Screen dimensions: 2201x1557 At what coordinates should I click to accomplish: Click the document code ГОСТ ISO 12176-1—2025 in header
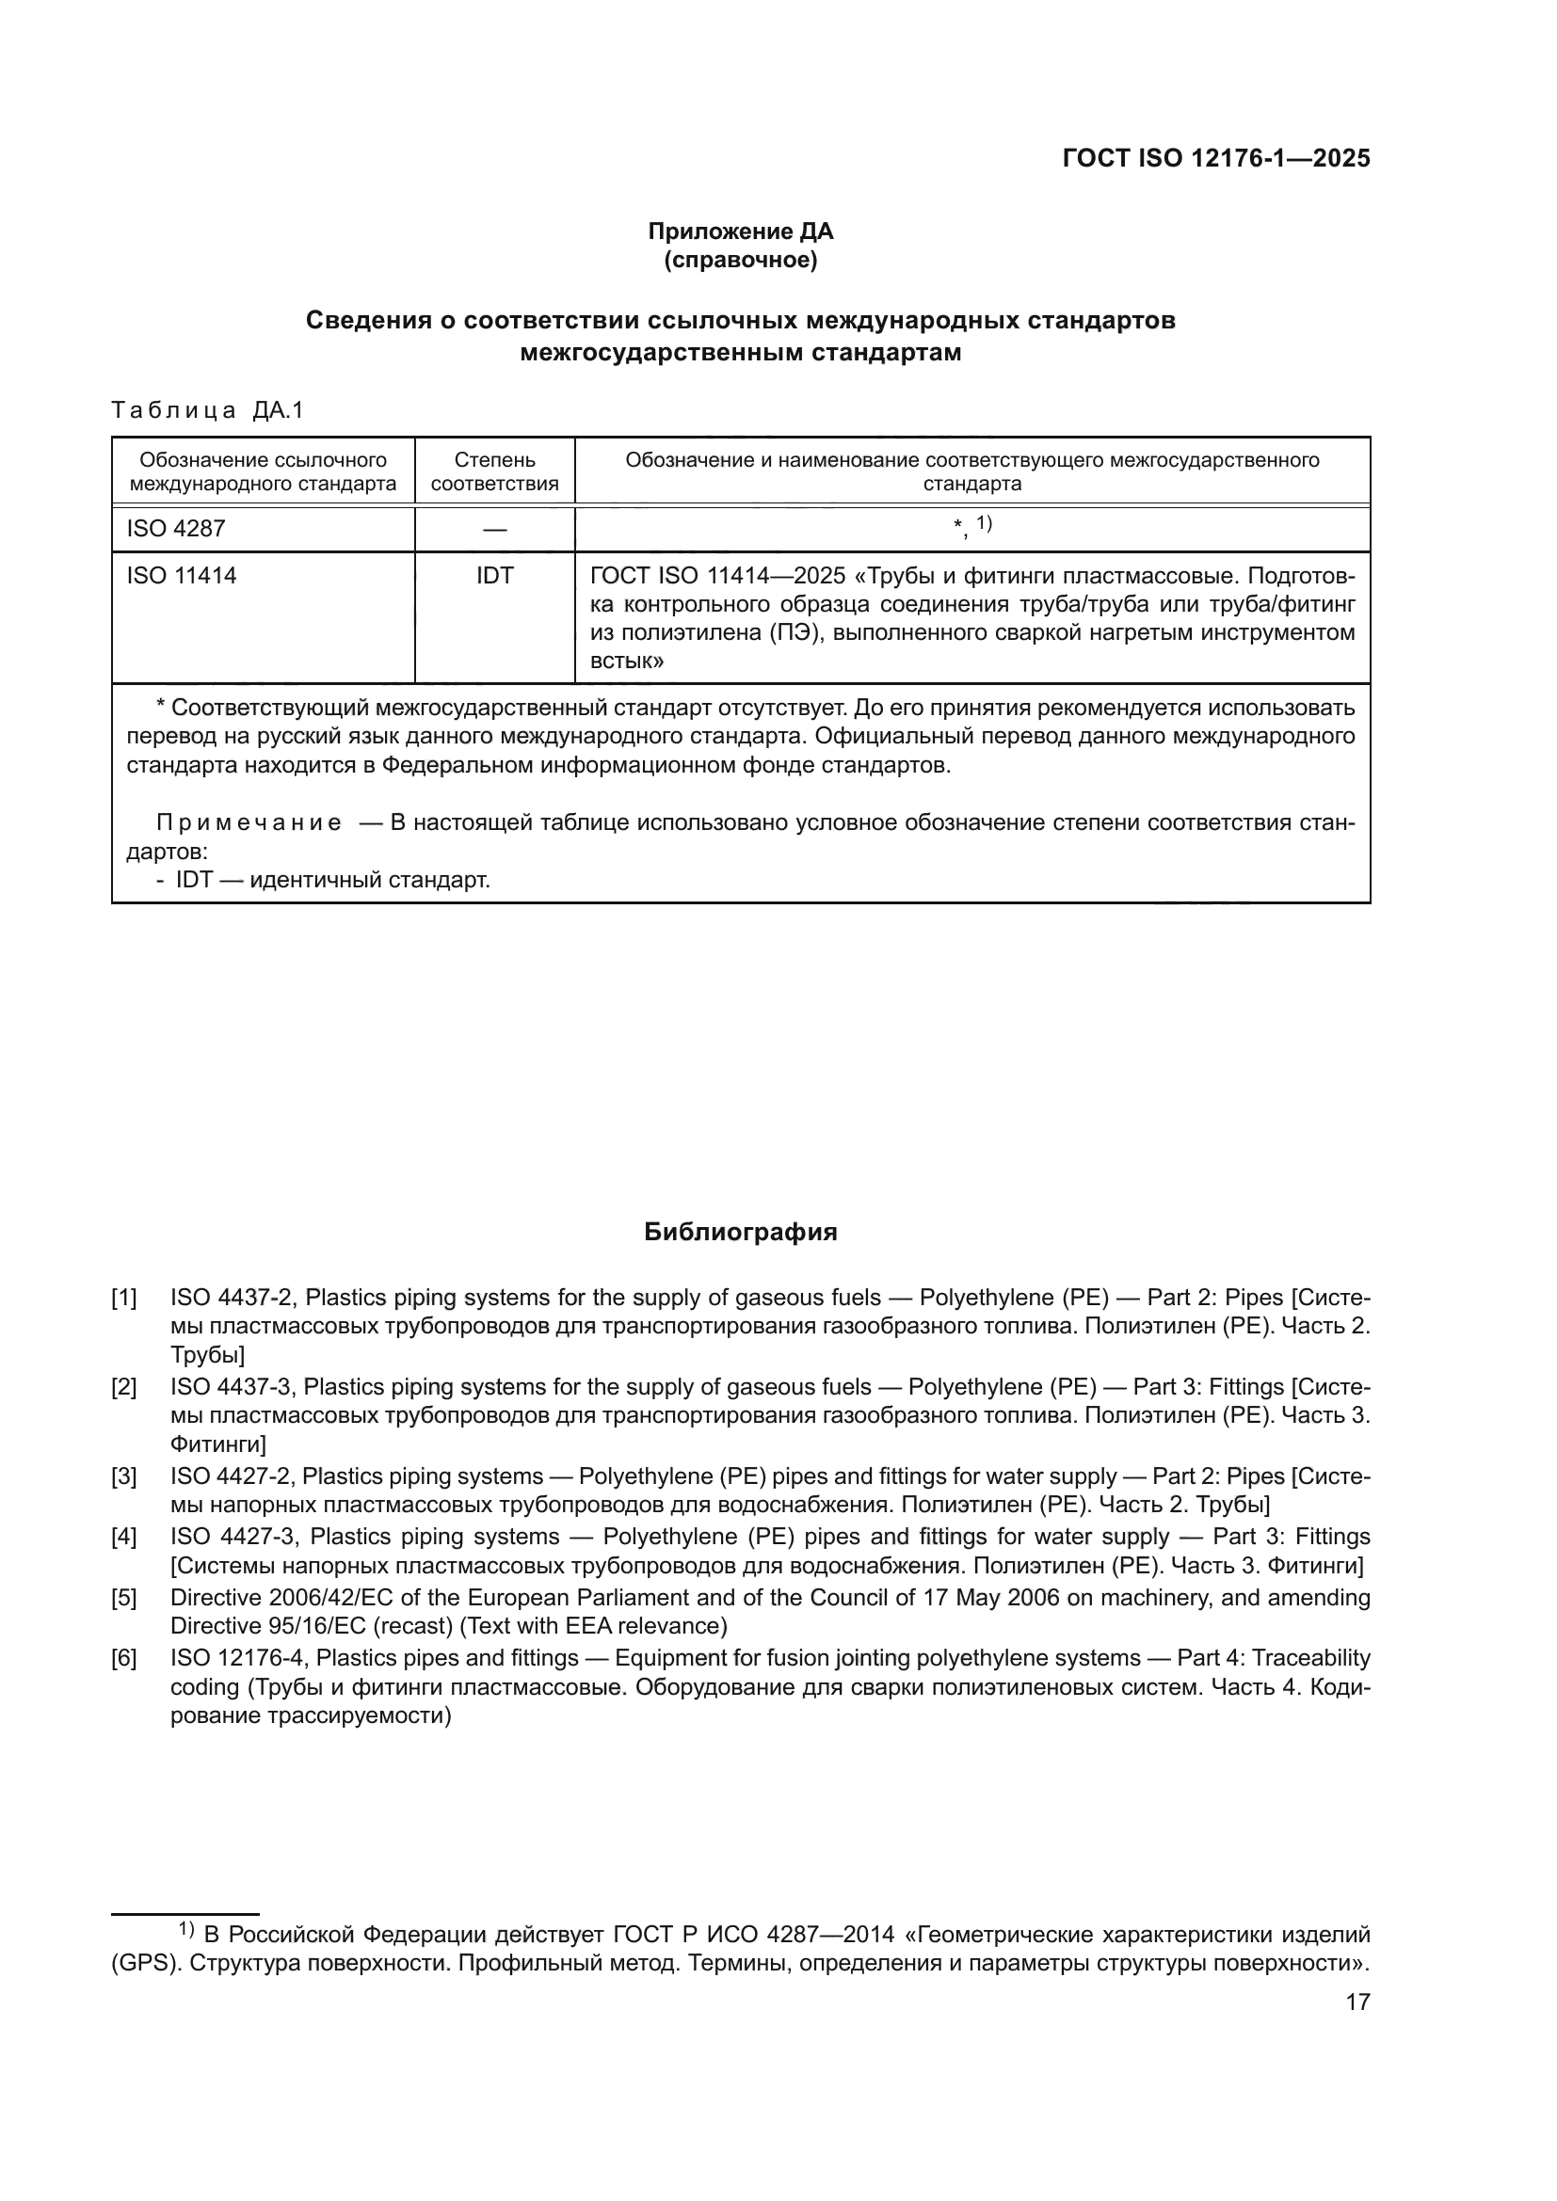pos(1215,159)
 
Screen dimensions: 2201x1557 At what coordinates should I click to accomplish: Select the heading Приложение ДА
pos(740,231)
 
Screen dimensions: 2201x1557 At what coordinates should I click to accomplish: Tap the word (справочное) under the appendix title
pos(740,260)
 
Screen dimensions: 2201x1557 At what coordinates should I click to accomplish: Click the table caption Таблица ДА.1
pos(207,410)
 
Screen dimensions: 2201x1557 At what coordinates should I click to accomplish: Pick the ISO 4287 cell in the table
pos(176,528)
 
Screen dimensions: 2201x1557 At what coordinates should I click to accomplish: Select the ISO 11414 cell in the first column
pos(183,575)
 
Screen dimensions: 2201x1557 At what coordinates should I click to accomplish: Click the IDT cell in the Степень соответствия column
pos(495,575)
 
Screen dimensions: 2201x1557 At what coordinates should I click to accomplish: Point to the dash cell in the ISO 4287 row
pos(495,529)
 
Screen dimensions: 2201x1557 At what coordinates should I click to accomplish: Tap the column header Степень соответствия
pos(495,471)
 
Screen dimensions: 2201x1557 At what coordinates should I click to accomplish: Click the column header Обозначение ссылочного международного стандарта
pos(263,471)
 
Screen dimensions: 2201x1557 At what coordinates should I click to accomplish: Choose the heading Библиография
pos(740,1232)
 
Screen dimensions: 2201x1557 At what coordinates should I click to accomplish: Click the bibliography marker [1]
pos(123,1298)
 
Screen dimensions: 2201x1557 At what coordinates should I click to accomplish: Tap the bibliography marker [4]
pos(123,1537)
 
